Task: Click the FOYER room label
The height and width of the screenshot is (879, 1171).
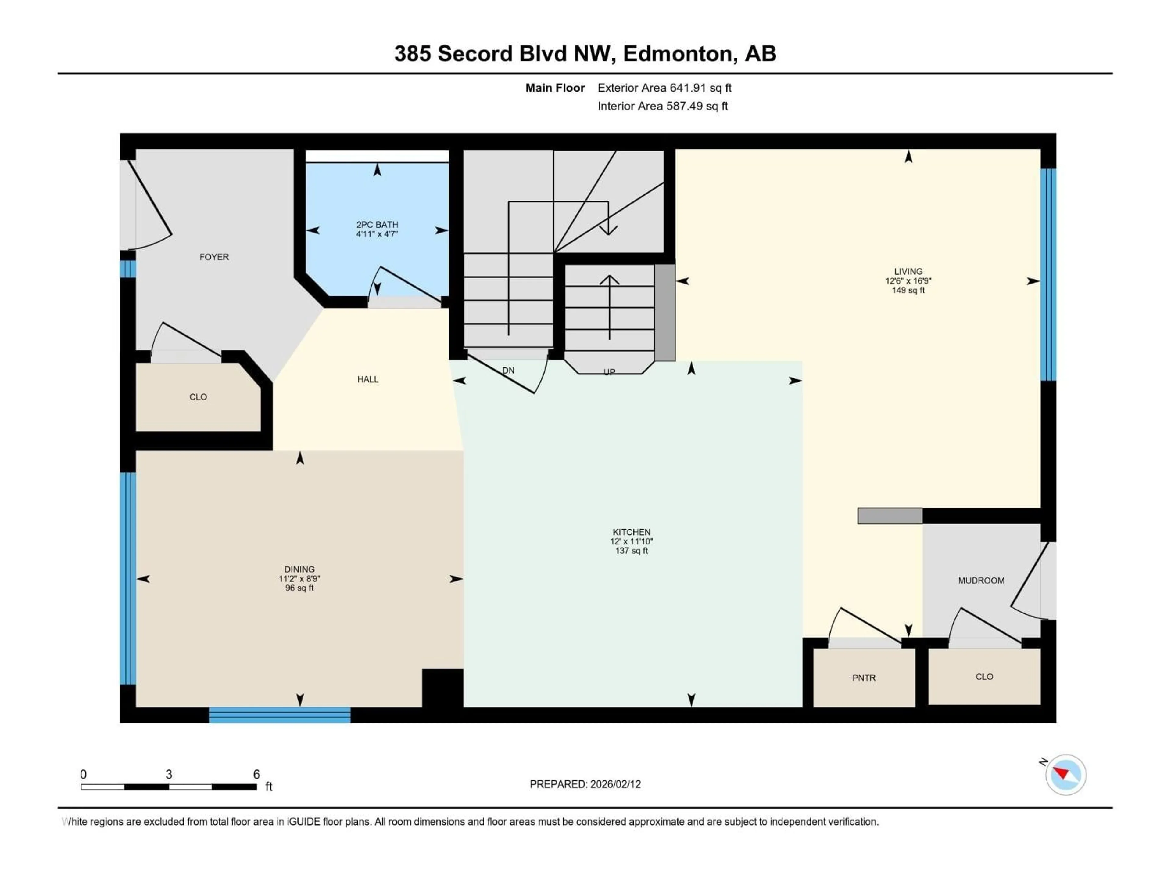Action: (x=214, y=257)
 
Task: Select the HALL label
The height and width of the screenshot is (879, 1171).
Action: (x=367, y=379)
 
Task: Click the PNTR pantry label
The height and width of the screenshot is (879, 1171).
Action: (x=863, y=678)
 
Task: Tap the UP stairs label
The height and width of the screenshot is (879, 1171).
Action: (x=609, y=372)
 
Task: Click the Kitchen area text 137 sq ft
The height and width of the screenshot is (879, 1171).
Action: (x=631, y=551)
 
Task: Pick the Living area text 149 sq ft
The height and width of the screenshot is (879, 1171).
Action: (x=908, y=290)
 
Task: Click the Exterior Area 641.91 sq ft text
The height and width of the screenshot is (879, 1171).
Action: (x=664, y=88)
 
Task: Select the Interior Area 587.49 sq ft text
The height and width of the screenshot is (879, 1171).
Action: (x=662, y=106)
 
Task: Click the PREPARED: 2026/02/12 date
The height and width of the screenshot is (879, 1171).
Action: (x=585, y=784)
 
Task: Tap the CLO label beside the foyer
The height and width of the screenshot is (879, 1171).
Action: (x=198, y=397)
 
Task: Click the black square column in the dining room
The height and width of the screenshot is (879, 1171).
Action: (x=442, y=688)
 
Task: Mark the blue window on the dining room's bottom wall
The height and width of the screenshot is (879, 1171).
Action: (x=280, y=715)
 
